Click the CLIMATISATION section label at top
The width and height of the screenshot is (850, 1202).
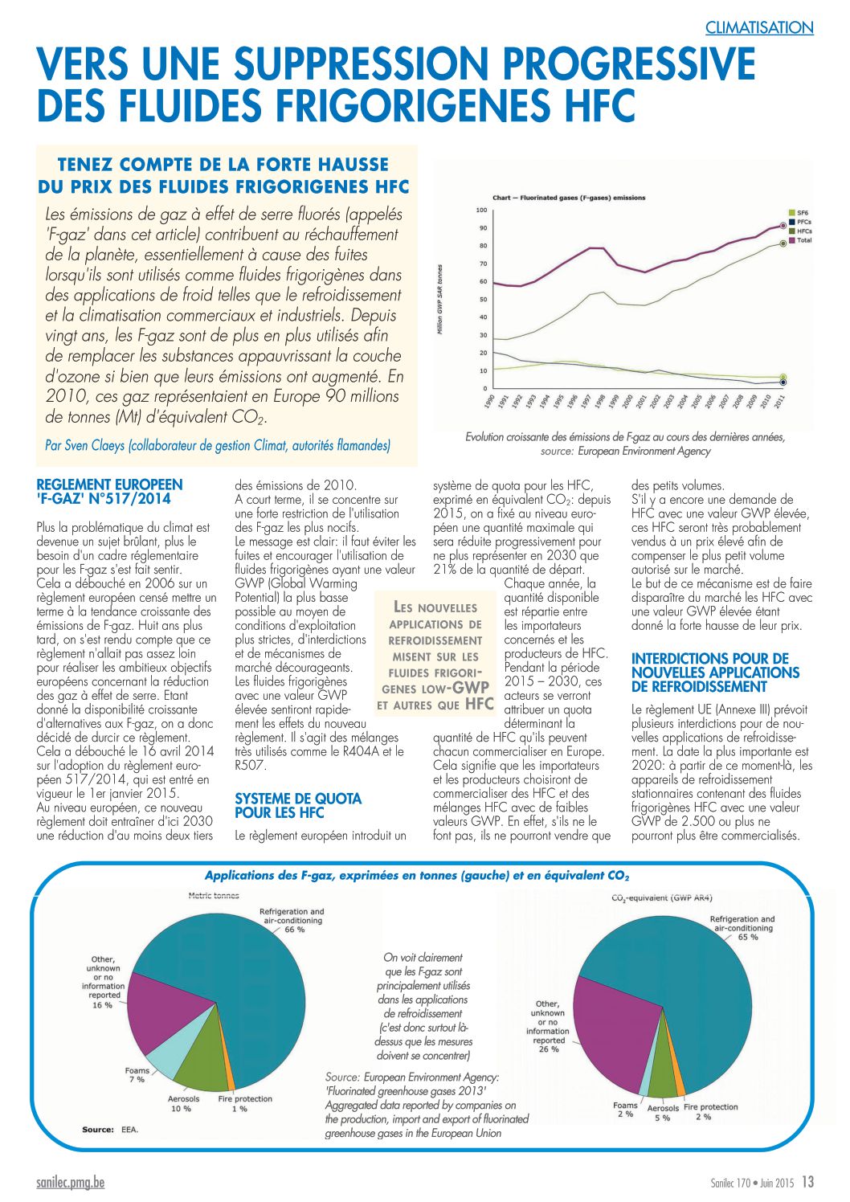pos(758,27)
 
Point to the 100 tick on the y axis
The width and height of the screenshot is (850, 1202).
pos(481,210)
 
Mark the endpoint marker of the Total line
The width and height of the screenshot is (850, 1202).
pos(783,226)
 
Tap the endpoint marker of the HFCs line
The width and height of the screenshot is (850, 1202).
pos(783,243)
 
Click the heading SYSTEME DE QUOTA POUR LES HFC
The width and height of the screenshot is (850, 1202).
pos(298,805)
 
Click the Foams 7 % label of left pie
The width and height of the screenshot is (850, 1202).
pos(137,1075)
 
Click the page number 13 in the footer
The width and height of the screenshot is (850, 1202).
pos(807,1182)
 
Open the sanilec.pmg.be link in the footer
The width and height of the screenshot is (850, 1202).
pos(71,1182)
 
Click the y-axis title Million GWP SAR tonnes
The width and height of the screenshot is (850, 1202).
pos(439,300)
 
